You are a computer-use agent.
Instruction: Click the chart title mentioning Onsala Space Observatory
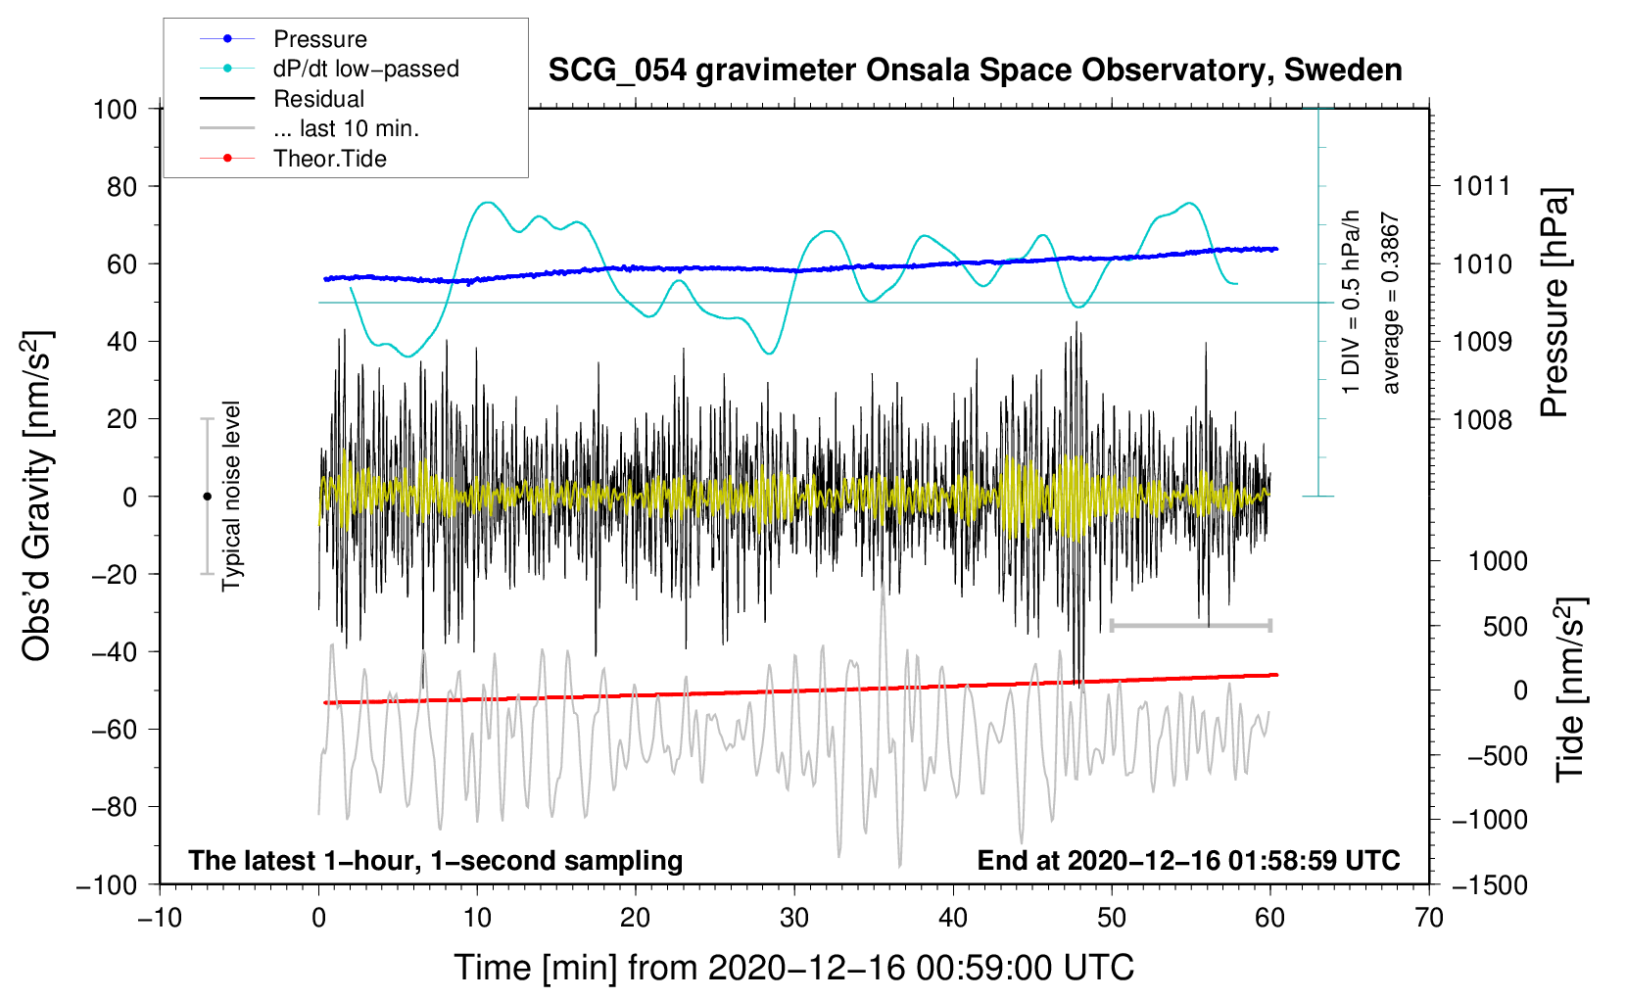pyautogui.click(x=975, y=71)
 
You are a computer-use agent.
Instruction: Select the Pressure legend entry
pyautogui.click(x=319, y=39)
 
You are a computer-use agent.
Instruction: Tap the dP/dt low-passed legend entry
pyautogui.click(x=365, y=69)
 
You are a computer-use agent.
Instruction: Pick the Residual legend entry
pyautogui.click(x=318, y=99)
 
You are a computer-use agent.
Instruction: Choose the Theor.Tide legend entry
pyautogui.click(x=329, y=159)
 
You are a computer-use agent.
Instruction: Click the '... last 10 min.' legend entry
pyautogui.click(x=346, y=128)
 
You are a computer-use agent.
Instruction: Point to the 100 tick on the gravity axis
pyautogui.click(x=115, y=109)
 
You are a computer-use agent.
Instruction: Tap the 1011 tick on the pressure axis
pyautogui.click(x=1481, y=186)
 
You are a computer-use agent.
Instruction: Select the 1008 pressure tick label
pyautogui.click(x=1481, y=420)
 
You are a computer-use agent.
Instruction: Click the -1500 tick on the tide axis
pyautogui.click(x=1489, y=884)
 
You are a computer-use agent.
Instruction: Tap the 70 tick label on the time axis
pyautogui.click(x=1429, y=918)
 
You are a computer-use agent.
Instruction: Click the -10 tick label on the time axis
pyautogui.click(x=160, y=918)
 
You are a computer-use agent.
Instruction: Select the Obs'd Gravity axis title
pyautogui.click(x=37, y=496)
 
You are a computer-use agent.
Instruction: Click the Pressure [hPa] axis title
pyautogui.click(x=1554, y=304)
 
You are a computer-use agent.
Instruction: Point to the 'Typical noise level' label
pyautogui.click(x=231, y=496)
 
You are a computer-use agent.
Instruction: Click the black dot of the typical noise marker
pyautogui.click(x=207, y=497)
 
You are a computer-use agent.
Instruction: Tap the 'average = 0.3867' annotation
pyautogui.click(x=1391, y=304)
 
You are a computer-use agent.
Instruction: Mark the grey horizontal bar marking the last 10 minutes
pyautogui.click(x=1191, y=625)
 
